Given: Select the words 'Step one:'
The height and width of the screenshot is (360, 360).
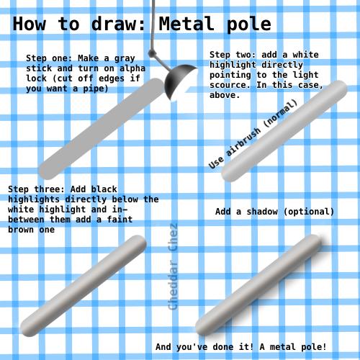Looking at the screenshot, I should click(50, 58).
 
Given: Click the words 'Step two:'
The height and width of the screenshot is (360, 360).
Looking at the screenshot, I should click(234, 55).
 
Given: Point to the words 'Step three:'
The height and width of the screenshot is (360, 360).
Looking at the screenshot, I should click(35, 189).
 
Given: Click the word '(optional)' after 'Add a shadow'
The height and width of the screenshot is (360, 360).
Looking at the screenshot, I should click(309, 212).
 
